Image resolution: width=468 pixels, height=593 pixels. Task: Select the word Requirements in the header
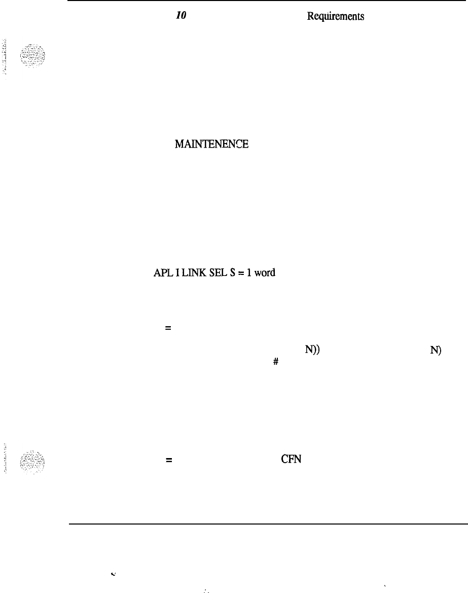coord(335,16)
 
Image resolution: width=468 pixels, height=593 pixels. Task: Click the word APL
coord(161,272)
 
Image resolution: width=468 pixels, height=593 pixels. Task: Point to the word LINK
coord(185,272)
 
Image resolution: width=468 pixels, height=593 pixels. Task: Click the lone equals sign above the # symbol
coord(167,329)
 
